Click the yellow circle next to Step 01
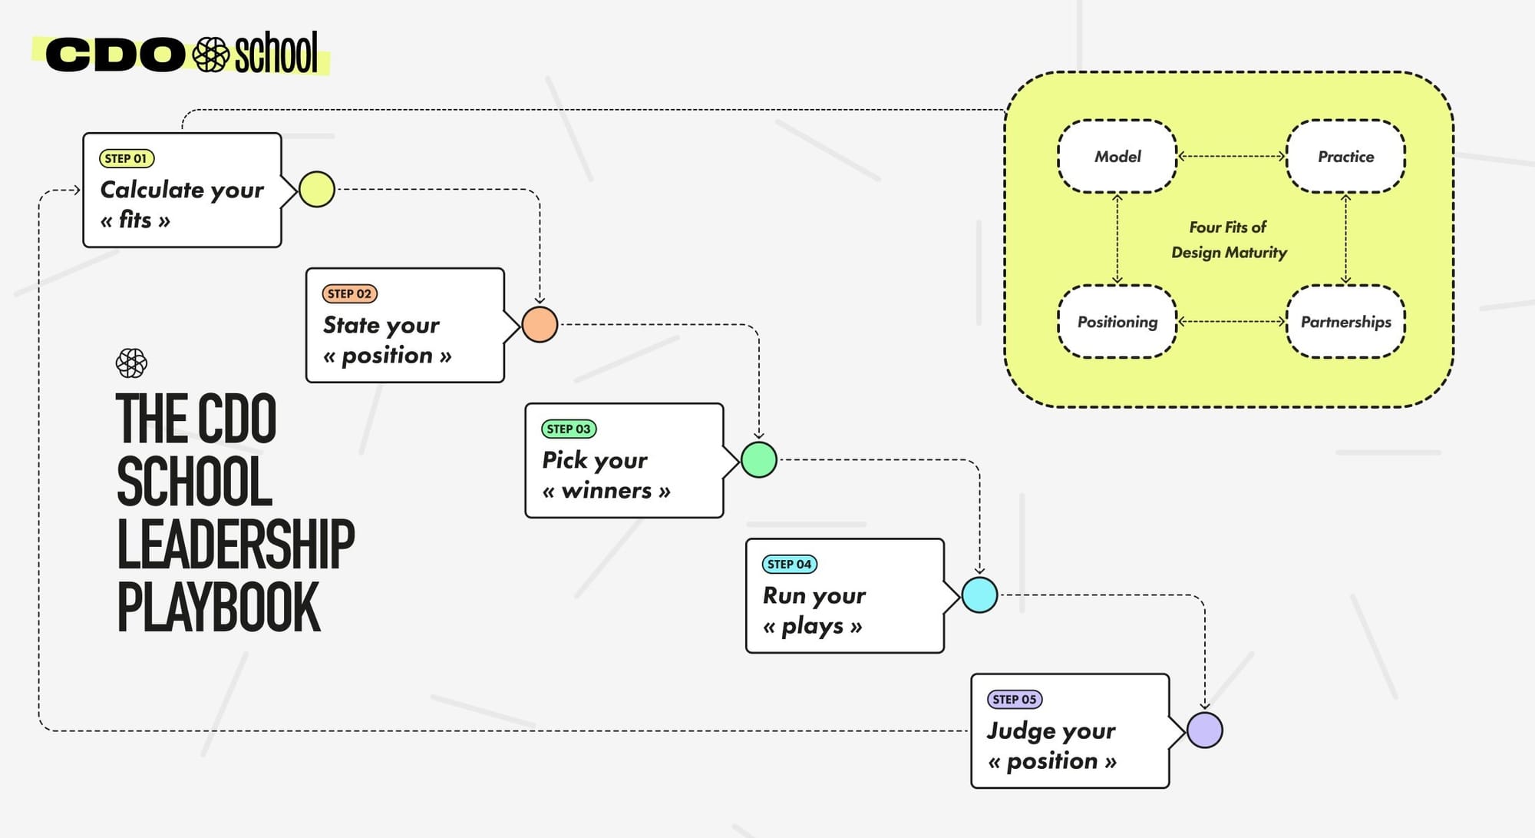[x=316, y=190]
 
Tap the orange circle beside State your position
[x=540, y=325]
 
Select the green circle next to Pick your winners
[x=759, y=460]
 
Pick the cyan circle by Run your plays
[x=979, y=595]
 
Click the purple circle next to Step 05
[x=1204, y=730]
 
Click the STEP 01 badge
[x=127, y=159]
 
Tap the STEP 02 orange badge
[x=349, y=294]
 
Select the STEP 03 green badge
[x=569, y=429]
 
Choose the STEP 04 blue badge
[x=789, y=565]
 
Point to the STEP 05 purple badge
[x=1014, y=700]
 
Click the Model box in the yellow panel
[x=1117, y=157]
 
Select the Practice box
[x=1345, y=157]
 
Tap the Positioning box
[x=1117, y=322]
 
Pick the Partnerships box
[x=1345, y=322]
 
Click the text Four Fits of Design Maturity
[x=1229, y=240]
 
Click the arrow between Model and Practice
[x=1231, y=157]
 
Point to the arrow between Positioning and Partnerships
[x=1231, y=322]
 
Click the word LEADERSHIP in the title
[x=235, y=545]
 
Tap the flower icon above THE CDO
[x=131, y=363]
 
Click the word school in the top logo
[x=276, y=54]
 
